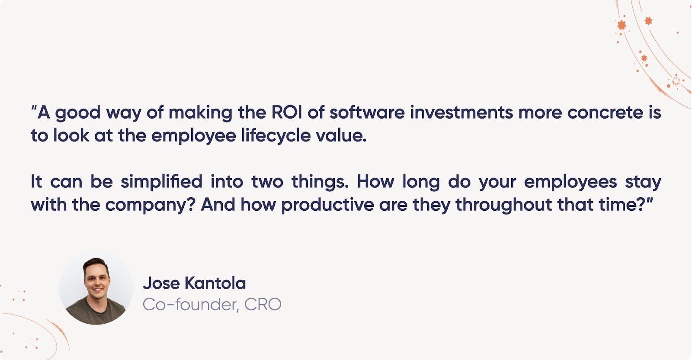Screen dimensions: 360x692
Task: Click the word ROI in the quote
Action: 287,112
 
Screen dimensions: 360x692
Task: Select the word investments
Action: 461,112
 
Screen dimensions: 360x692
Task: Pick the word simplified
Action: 161,182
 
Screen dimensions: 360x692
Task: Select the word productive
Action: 327,205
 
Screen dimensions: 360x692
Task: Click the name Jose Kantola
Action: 194,283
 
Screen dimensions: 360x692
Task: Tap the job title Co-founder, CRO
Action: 212,305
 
